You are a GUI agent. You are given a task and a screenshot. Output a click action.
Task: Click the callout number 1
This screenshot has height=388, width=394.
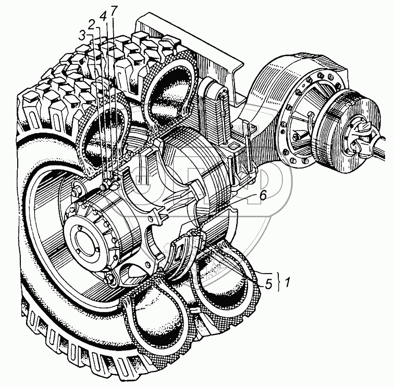pyautogui.click(x=287, y=282)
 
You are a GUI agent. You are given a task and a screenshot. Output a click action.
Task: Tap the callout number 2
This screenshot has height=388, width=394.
pyautogui.click(x=92, y=25)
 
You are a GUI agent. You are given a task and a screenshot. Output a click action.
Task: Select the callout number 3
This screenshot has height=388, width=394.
pyautogui.click(x=82, y=36)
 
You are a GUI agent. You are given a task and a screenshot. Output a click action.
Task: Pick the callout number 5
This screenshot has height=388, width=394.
pyautogui.click(x=268, y=284)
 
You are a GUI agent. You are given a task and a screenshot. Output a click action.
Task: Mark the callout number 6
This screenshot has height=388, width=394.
pyautogui.click(x=262, y=196)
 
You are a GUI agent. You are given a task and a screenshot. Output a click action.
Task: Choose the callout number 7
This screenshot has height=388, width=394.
pyautogui.click(x=114, y=11)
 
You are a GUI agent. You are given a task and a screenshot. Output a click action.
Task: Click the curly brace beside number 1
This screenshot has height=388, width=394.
pyautogui.click(x=278, y=281)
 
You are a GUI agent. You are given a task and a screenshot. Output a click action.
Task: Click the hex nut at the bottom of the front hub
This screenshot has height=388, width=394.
pyautogui.click(x=110, y=279)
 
